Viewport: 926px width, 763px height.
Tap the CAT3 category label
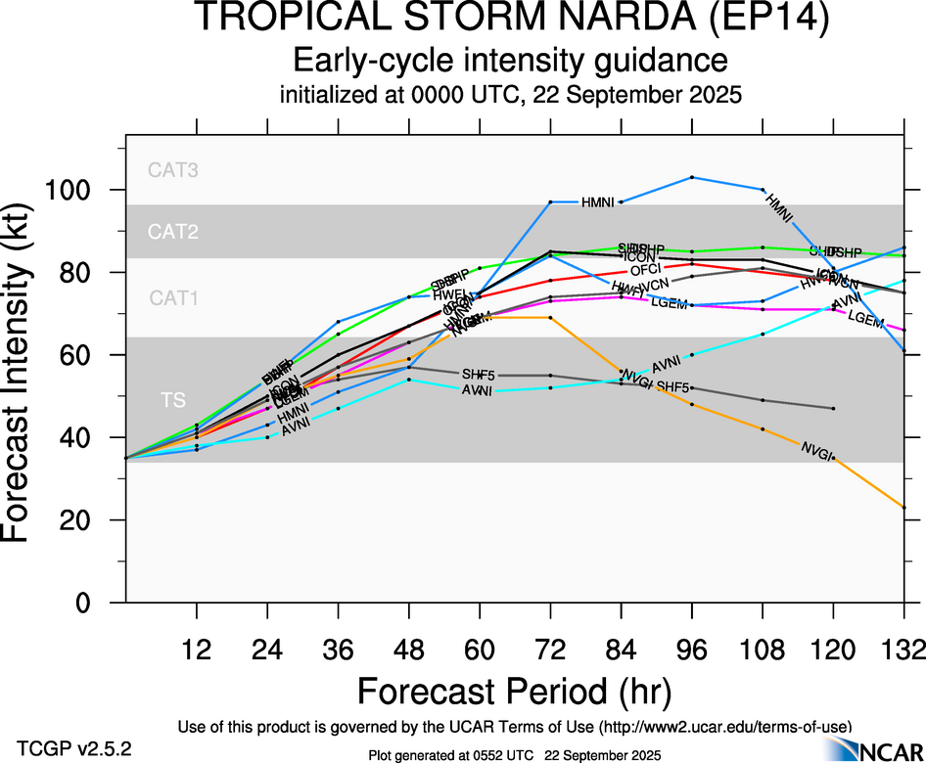point(173,169)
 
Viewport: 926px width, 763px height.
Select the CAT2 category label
point(173,233)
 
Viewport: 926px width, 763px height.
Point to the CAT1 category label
point(173,299)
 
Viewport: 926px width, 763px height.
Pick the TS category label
point(173,399)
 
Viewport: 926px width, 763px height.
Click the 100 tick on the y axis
point(87,190)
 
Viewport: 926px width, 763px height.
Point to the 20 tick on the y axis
point(96,520)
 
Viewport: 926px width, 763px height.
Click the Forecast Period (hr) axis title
point(514,692)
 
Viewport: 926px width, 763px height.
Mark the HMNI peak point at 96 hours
point(692,177)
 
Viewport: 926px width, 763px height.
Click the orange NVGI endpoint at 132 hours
point(903,508)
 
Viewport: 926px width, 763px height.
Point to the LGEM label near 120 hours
point(865,319)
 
